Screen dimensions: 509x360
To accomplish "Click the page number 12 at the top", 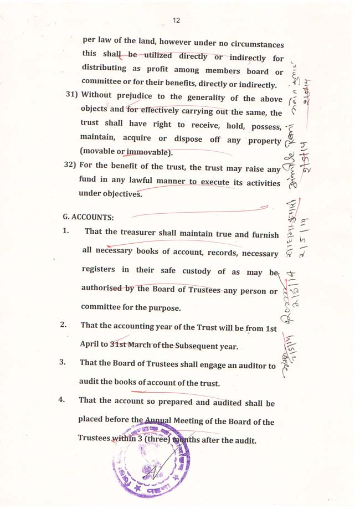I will [x=176, y=20].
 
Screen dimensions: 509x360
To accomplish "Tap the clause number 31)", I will [x=71, y=95].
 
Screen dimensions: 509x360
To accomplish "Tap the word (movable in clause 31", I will [x=98, y=152].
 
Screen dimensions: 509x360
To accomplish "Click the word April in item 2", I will [x=90, y=344].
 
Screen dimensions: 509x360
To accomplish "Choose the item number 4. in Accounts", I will [x=63, y=399].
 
